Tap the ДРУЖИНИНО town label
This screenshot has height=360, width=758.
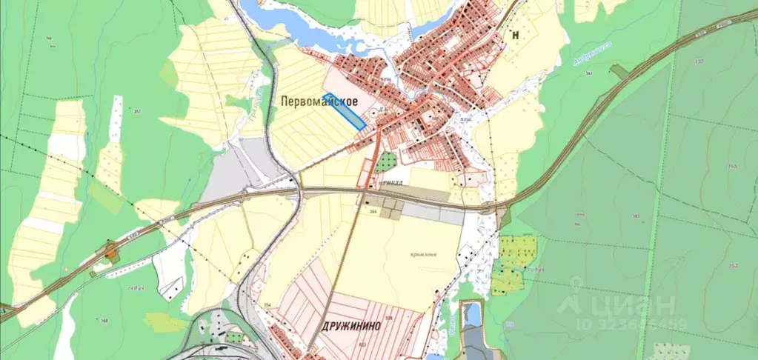352,324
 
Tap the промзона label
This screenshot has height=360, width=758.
423,253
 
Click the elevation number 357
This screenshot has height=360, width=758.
136,111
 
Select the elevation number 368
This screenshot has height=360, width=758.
104,320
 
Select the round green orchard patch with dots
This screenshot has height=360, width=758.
385,161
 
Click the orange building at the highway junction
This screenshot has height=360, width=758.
112,254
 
